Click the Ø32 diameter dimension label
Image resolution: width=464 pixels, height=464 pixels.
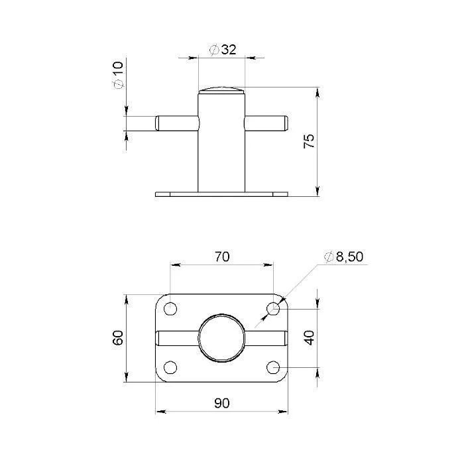[x=223, y=50]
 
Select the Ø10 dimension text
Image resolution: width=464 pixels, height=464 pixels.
[x=118, y=75]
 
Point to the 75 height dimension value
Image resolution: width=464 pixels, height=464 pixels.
[x=309, y=141]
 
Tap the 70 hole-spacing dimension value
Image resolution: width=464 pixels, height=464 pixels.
[x=222, y=257]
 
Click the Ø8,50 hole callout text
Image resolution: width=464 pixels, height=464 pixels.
[x=344, y=257]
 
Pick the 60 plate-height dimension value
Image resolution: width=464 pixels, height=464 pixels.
[x=118, y=337]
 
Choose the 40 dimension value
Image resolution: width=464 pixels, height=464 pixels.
[x=310, y=338]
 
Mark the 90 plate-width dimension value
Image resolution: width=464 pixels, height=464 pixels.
[x=222, y=403]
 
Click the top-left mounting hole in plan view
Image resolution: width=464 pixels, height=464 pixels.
[x=170, y=309]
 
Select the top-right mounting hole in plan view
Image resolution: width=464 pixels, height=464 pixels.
[x=273, y=309]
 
